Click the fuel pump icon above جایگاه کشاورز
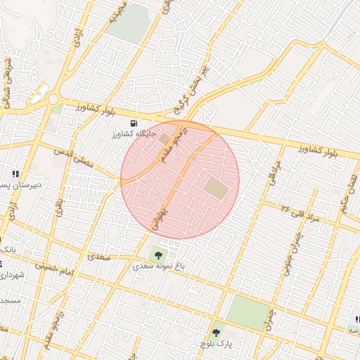[x=134, y=122]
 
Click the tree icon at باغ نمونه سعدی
[x=156, y=255]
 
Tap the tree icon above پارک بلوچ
[x=216, y=333]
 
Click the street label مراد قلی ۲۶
[x=300, y=214]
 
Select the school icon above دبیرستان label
[x=15, y=174]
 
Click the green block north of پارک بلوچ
[x=248, y=312]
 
